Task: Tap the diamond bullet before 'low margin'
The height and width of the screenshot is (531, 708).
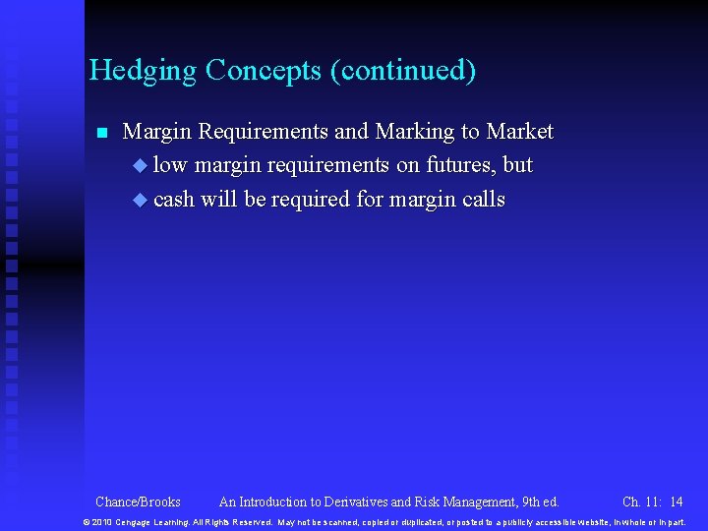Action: point(139,166)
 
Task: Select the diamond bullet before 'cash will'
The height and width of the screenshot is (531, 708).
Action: point(139,200)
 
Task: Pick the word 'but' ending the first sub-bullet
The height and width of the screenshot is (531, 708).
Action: point(517,165)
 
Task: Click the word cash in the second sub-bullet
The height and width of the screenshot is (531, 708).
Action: point(174,200)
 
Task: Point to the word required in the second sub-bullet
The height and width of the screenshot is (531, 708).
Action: point(311,200)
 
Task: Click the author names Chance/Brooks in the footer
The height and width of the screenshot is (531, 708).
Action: point(138,501)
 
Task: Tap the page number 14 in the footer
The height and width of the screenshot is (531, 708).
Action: point(676,501)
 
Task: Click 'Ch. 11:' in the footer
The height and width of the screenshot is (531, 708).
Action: point(641,501)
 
